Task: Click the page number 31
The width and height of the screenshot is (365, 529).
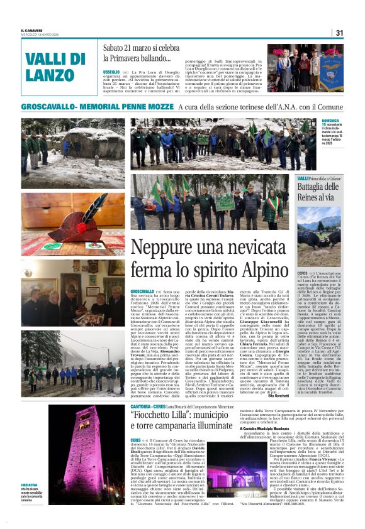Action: tap(339, 33)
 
